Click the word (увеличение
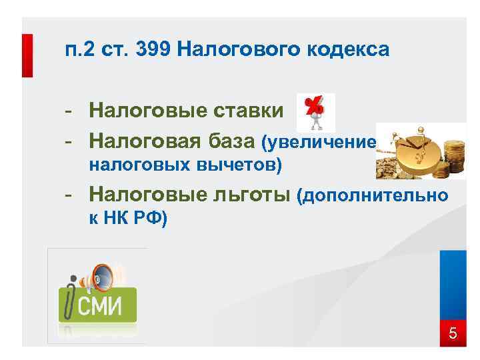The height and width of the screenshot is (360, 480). pyautogui.click(x=319, y=142)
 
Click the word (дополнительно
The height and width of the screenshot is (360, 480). pyautogui.click(x=371, y=196)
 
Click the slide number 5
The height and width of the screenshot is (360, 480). pyautogui.click(x=453, y=333)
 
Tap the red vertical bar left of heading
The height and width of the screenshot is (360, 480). pyautogui.click(x=27, y=55)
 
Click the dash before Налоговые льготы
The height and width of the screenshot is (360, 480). pyautogui.click(x=69, y=195)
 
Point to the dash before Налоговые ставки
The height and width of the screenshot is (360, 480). pyautogui.click(x=69, y=109)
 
